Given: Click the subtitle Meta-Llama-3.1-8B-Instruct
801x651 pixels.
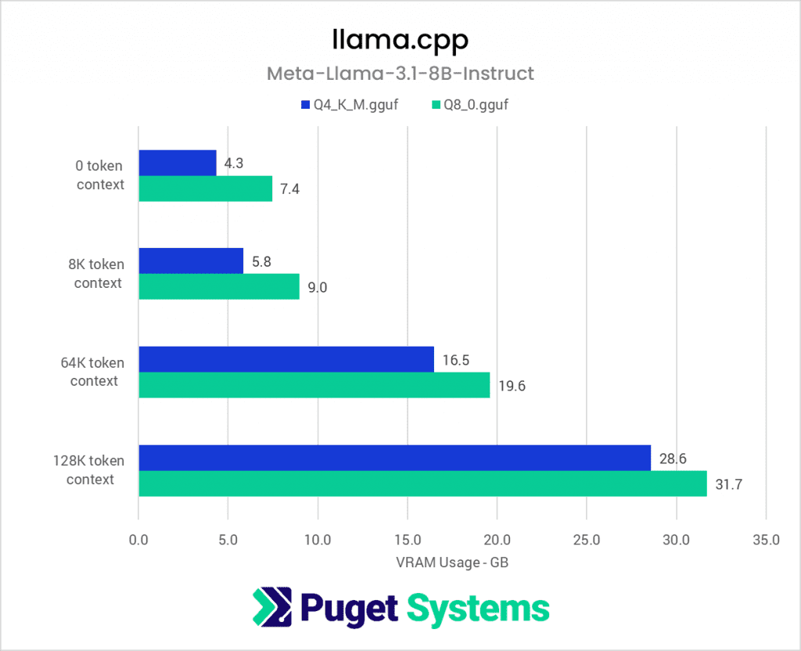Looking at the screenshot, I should pyautogui.click(x=400, y=74).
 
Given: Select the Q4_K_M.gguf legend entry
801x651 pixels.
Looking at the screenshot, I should pyautogui.click(x=349, y=105).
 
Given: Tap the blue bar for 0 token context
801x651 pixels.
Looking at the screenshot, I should pyautogui.click(x=178, y=163).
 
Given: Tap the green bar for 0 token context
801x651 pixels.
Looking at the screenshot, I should pyautogui.click(x=205, y=189).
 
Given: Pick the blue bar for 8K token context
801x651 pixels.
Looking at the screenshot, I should pyautogui.click(x=191, y=261).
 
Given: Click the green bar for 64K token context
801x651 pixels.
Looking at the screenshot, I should pyautogui.click(x=314, y=385).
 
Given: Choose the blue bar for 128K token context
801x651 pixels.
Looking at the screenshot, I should pyautogui.click(x=394, y=458).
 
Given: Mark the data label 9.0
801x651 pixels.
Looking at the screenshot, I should pyautogui.click(x=317, y=287).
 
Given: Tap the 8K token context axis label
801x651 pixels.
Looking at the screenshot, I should pyautogui.click(x=98, y=274).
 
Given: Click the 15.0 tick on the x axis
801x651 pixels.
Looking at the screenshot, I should pyautogui.click(x=407, y=539).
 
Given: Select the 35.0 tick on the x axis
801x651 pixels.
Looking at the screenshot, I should pyautogui.click(x=765, y=539).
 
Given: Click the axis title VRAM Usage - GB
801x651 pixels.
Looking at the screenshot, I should pyautogui.click(x=451, y=562).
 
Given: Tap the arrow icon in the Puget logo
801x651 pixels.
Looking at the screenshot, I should pyautogui.click(x=271, y=607).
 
